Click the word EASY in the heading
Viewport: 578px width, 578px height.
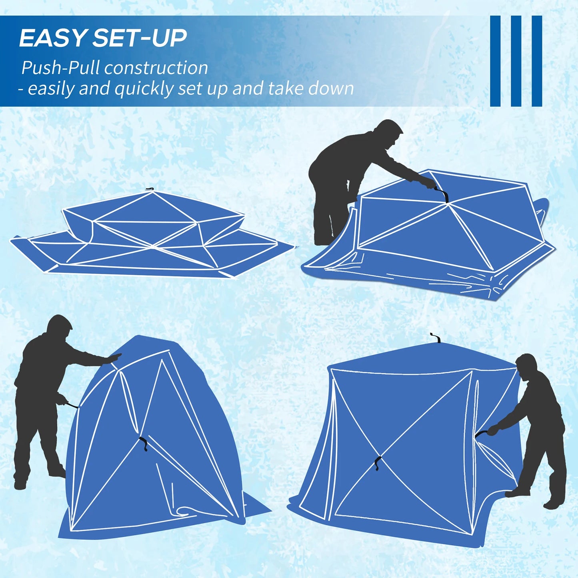pos(52,38)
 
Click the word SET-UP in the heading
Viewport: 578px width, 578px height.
pos(140,38)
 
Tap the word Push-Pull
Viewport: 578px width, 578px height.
pos(60,68)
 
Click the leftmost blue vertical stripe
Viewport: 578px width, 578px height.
pos(495,61)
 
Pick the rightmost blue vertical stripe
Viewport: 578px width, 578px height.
pos(537,61)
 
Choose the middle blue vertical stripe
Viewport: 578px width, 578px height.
pos(516,61)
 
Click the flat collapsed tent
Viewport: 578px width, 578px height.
pos(152,236)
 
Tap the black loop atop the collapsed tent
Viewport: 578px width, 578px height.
pos(150,189)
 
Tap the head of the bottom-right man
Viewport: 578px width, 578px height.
pos(526,365)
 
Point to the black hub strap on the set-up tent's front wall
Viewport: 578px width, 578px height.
pos(378,463)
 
